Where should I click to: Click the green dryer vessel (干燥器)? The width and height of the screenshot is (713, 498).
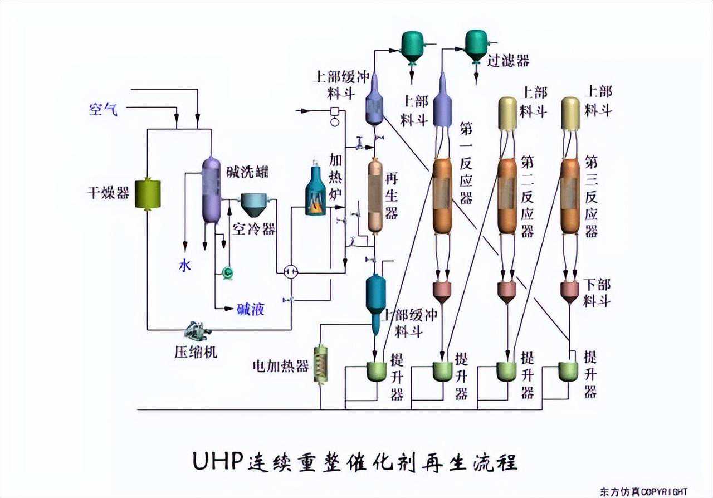(x=148, y=194)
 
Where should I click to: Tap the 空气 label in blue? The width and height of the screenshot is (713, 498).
(x=104, y=109)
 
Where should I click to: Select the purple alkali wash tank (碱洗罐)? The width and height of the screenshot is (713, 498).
(x=212, y=189)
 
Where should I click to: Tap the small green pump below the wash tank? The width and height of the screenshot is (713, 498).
(x=227, y=272)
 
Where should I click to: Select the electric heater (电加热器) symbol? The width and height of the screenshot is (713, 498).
(x=321, y=364)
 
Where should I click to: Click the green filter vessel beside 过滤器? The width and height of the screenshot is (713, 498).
(x=476, y=45)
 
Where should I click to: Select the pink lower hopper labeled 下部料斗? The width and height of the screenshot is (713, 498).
(x=570, y=291)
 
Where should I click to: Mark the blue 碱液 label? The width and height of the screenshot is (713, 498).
(x=251, y=309)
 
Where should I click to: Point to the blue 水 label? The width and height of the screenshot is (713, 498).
(x=184, y=266)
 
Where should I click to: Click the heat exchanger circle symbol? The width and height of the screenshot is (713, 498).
(x=290, y=271)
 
